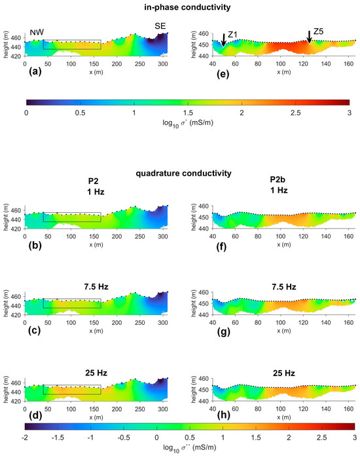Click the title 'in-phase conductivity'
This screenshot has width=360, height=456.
pos(180,7)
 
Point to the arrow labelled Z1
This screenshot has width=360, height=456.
pos(224,39)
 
